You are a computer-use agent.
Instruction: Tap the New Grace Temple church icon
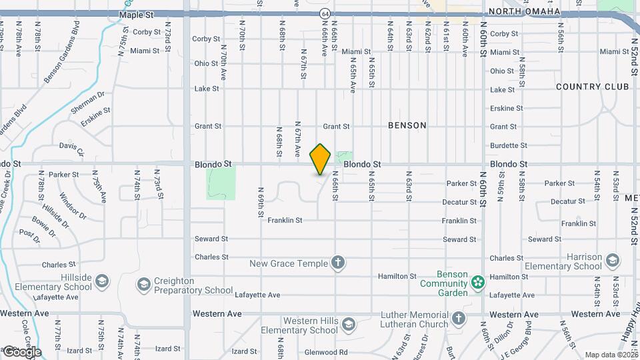point(338,263)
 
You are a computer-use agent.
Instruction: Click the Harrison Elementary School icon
point(613,261)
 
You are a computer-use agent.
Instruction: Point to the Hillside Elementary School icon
point(102,281)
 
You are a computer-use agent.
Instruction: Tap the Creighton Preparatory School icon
point(143,285)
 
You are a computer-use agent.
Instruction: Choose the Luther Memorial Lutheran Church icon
point(458,319)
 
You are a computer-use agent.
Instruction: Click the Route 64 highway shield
point(324,13)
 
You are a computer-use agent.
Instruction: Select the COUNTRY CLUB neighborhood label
point(592,87)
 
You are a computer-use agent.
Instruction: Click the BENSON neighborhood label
point(407,125)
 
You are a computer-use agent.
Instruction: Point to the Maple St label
point(136,14)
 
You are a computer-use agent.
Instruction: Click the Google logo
point(21,351)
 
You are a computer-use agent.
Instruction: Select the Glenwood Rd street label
point(325,352)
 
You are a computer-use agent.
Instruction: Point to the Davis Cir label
point(72,148)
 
